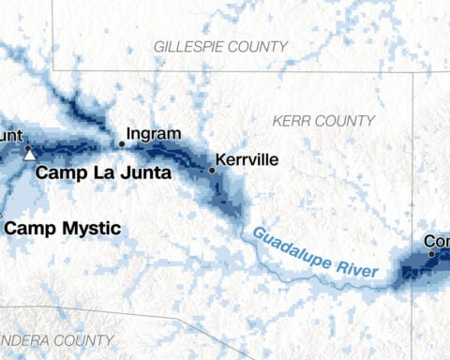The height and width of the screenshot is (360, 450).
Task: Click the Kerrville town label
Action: click(247, 159)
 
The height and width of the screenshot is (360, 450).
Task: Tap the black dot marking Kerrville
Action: click(212, 171)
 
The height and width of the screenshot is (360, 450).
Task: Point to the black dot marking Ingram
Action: click(121, 143)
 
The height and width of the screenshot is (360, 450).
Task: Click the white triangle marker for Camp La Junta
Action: click(28, 155)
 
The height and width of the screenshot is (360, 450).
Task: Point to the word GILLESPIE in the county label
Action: click(192, 46)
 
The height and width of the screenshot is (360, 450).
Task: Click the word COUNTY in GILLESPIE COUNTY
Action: click(258, 46)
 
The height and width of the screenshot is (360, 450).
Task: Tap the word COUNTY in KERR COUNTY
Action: click(346, 121)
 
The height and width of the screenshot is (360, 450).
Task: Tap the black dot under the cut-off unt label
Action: click(28, 148)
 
